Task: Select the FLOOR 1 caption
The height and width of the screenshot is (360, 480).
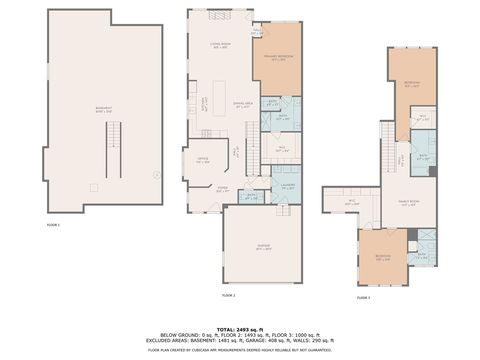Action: (x=53, y=226)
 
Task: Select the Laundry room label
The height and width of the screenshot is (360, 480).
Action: (x=286, y=183)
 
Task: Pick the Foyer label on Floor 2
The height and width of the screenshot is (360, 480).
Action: (x=223, y=188)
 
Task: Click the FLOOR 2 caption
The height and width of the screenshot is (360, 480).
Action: (x=227, y=295)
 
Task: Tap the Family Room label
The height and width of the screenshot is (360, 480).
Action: (x=408, y=204)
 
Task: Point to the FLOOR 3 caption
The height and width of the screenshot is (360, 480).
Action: (x=362, y=298)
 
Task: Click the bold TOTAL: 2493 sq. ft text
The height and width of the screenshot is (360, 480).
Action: (x=240, y=328)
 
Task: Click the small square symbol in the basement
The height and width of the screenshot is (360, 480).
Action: (x=93, y=185)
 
